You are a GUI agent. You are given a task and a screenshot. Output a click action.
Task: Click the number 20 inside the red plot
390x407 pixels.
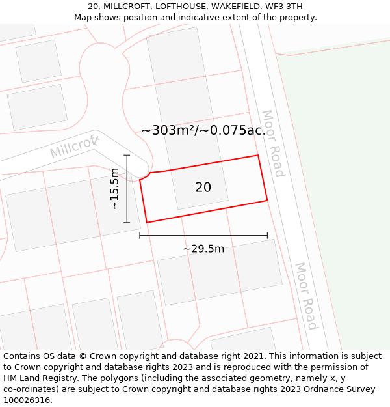(203, 188)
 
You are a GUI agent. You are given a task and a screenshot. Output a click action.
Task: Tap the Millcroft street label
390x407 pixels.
(74, 147)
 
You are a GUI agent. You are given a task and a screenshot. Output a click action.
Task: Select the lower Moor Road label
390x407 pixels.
(306, 296)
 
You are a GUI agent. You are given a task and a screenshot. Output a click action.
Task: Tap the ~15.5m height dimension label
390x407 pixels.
(114, 188)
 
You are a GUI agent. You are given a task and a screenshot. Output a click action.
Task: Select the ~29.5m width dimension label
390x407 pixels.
(203, 249)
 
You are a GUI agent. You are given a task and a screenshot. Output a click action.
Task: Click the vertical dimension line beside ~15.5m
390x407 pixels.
(127, 189)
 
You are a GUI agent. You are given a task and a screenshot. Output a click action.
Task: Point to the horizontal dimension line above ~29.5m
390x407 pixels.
(203, 236)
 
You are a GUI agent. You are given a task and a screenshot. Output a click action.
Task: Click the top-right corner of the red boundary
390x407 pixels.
(258, 155)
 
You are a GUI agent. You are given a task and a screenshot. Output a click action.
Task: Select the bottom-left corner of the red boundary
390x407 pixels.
(147, 223)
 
